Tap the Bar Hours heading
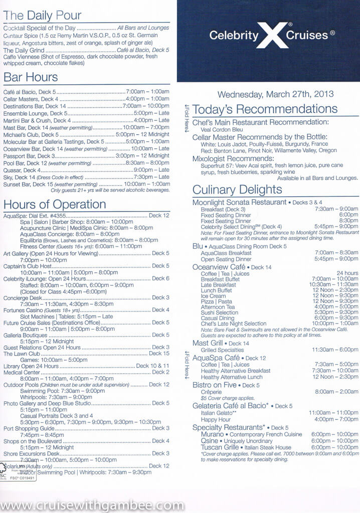(x=31, y=77)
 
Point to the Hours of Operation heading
(x=55, y=204)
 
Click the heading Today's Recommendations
(x=265, y=109)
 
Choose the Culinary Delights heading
(x=237, y=190)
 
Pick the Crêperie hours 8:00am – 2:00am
(x=335, y=392)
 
